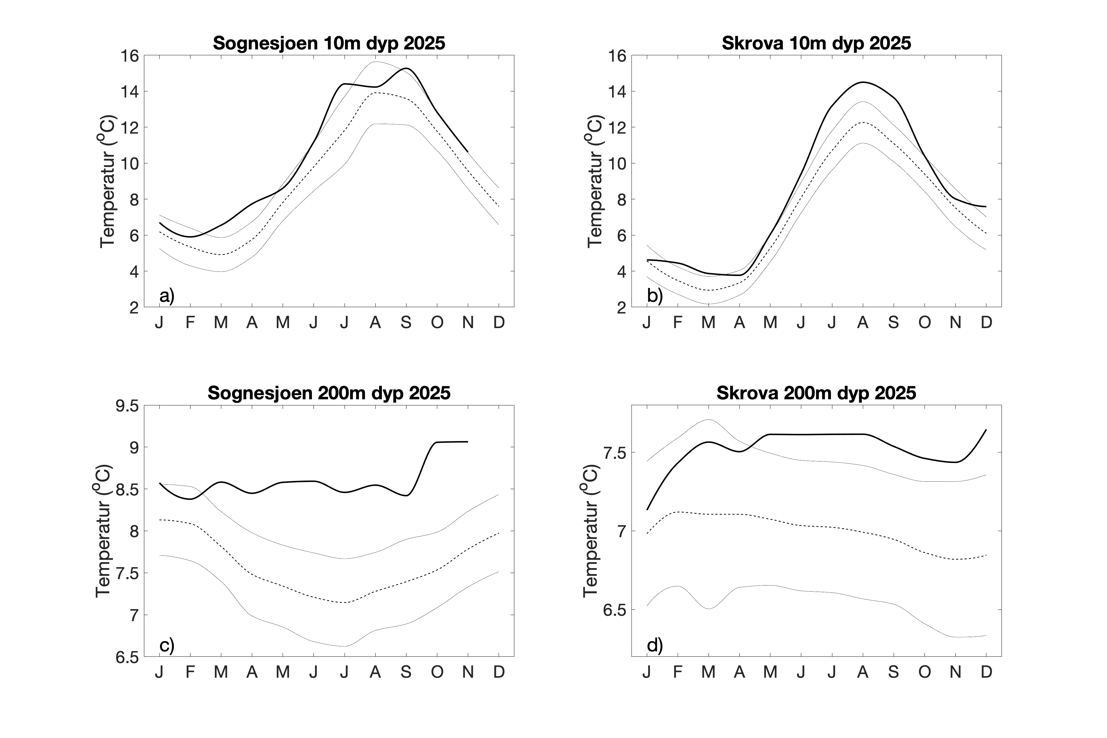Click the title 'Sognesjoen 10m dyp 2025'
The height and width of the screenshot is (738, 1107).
point(329,43)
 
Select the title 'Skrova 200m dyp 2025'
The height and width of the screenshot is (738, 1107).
point(816,393)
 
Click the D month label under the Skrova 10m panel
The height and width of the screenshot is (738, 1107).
point(986,323)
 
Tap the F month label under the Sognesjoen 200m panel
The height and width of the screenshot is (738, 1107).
point(190,672)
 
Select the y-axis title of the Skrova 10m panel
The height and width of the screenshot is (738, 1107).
point(595,181)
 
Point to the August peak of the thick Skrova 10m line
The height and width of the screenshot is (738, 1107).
point(863,82)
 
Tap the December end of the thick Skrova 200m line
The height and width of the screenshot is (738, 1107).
point(986,430)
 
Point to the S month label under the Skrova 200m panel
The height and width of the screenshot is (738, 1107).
point(893,672)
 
